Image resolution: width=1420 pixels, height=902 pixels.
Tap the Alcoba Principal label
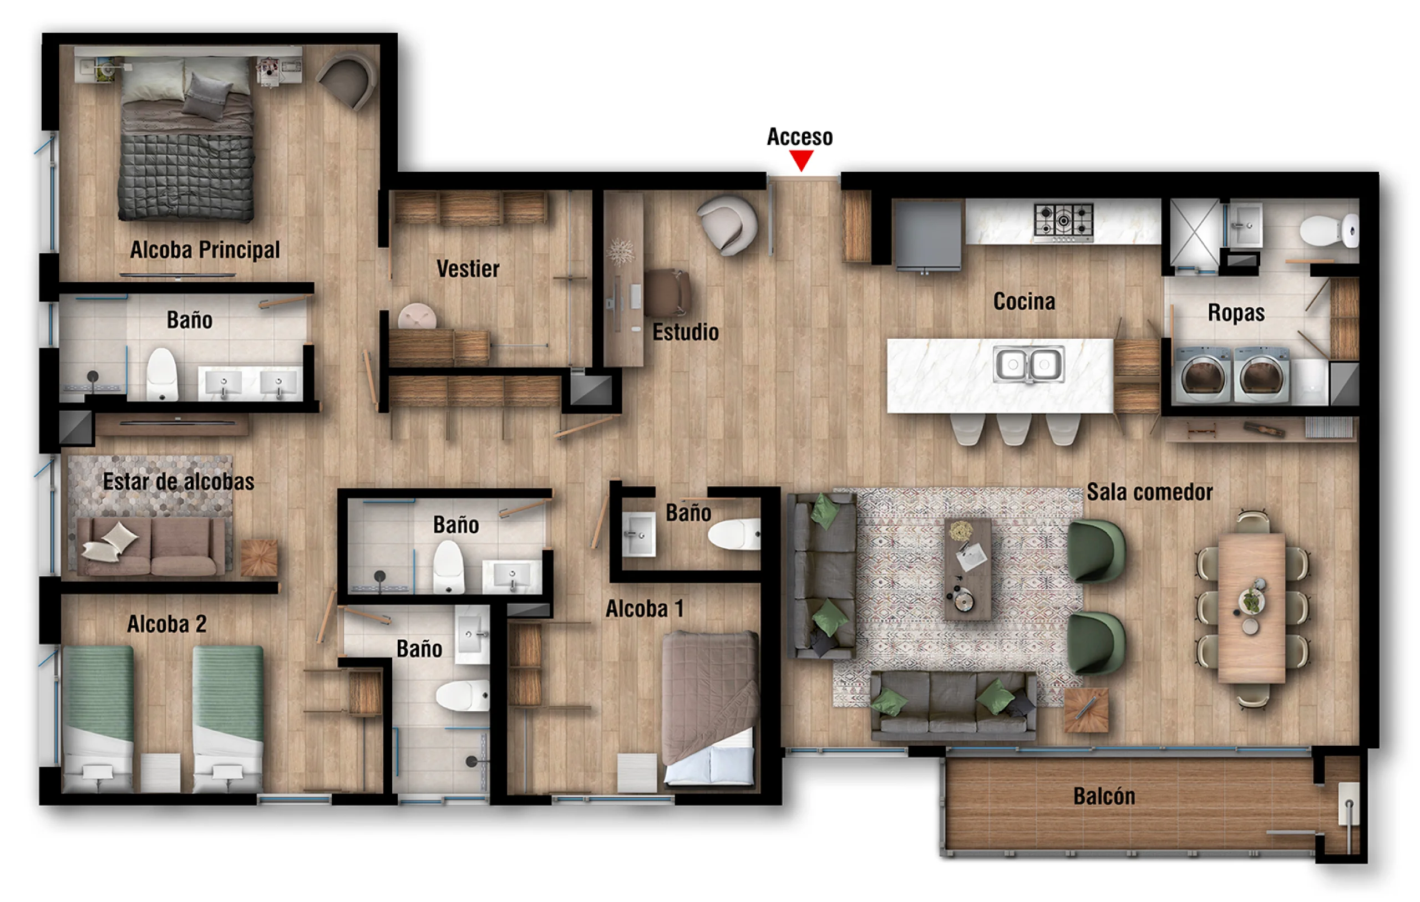[205, 250]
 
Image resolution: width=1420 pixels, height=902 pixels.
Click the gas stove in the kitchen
[1063, 223]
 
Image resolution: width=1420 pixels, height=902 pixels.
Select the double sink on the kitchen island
[1029, 364]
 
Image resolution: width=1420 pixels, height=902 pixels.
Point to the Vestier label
[468, 269]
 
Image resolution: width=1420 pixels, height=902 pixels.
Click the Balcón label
[1104, 797]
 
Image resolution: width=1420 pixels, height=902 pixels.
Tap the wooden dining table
[1251, 608]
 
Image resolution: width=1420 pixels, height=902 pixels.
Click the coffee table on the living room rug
[967, 569]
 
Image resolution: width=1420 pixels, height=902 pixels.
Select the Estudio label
[685, 333]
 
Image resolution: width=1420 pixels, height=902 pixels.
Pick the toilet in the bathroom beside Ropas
[1330, 231]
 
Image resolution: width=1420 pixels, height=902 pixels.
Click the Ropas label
[1236, 313]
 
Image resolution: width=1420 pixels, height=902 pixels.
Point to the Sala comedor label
[1149, 492]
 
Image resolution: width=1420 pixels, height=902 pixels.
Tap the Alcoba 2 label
[167, 624]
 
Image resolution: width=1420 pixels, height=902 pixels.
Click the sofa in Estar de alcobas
[151, 547]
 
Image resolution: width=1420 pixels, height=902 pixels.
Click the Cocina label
[1024, 301]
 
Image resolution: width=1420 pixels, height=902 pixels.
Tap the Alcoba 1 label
[645, 609]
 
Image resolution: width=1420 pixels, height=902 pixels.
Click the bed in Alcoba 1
[709, 708]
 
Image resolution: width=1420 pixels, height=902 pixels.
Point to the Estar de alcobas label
[179, 482]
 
